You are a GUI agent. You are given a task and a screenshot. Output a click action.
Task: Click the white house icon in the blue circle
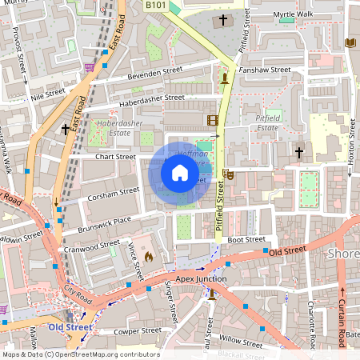[x=180, y=172]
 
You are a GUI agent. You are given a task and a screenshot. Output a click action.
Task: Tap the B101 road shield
[x=155, y=6]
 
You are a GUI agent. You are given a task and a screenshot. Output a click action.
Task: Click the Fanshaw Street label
[x=265, y=70]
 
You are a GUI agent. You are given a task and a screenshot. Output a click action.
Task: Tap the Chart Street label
[x=114, y=156]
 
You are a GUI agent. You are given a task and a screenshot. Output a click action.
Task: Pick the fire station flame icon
[x=148, y=257]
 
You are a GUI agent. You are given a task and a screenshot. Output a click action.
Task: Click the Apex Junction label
[x=201, y=278]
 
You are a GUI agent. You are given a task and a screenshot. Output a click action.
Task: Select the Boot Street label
[x=245, y=239]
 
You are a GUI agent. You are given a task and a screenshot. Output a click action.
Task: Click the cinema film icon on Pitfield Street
[x=211, y=121]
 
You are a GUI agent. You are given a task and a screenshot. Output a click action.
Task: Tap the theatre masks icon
[x=229, y=173]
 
